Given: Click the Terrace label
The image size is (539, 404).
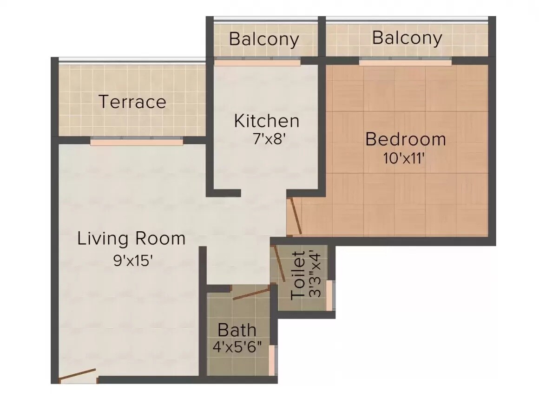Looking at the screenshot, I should (132, 102).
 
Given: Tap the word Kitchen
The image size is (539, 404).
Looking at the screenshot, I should (266, 121).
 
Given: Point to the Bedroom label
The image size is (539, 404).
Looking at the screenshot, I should (406, 139).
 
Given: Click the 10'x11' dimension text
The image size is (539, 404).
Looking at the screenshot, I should (403, 159).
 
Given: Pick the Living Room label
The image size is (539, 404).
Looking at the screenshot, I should (131, 239).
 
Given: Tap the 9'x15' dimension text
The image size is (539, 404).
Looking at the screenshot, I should (133, 260).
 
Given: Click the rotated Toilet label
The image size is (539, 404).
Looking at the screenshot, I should (298, 275).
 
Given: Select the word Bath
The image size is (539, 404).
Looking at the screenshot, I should (237, 330).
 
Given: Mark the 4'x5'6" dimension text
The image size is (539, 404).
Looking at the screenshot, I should (237, 347).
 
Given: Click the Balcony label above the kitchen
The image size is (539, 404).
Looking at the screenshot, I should (264, 39).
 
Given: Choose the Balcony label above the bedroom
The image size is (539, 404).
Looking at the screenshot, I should (407, 38).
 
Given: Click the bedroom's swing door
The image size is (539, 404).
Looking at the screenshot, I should (295, 216).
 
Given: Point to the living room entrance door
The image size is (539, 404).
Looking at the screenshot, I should (78, 375).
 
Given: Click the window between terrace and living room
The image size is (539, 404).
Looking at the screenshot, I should (137, 142).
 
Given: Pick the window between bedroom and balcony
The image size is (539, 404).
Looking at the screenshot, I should (405, 60).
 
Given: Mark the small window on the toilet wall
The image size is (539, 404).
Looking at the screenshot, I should (329, 295).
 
